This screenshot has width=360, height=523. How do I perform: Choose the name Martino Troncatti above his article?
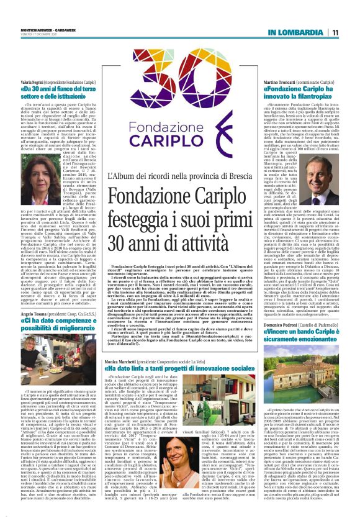coord(281,83)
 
